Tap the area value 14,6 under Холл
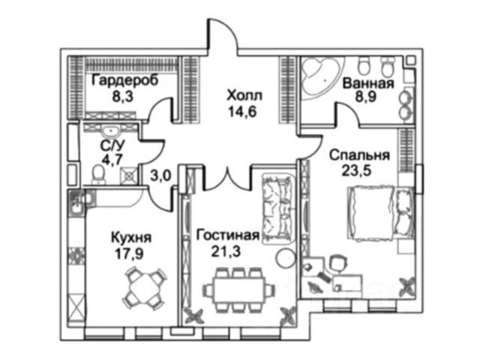pyautogui.click(x=242, y=111)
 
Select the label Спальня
pyautogui.click(x=360, y=156)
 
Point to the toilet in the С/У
pyautogui.click(x=97, y=175)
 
